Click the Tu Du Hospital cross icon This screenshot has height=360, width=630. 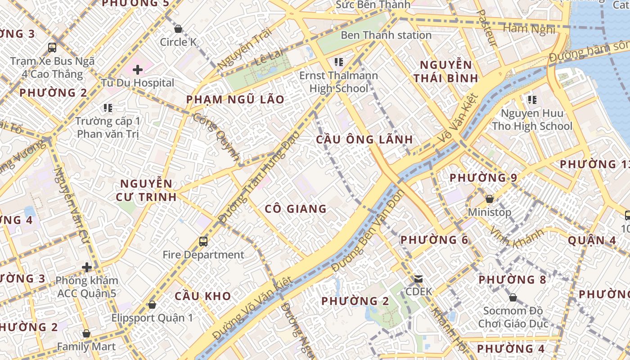point(138,70)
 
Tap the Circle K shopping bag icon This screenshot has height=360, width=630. point(178,29)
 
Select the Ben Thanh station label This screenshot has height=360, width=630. point(386,35)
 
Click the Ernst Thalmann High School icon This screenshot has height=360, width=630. point(339,62)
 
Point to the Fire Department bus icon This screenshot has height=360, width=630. point(203,242)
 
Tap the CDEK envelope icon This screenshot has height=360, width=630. point(419,279)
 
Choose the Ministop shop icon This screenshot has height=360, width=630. point(490,199)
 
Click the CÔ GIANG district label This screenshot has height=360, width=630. point(296,209)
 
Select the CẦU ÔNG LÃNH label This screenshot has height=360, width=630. point(364,139)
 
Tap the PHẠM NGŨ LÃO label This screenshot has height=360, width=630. point(235,99)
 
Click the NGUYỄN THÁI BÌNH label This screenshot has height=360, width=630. point(446,72)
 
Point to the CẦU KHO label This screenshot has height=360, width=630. point(202,296)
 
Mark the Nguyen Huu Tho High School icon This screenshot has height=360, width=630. point(532,100)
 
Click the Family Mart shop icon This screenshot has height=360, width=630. point(86,334)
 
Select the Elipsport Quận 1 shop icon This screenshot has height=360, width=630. point(152,305)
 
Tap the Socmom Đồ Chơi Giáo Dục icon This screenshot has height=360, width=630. point(513,297)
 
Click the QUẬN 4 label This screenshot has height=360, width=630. point(592,240)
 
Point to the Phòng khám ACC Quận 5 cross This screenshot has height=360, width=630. point(87,268)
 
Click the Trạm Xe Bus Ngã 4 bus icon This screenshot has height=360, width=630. point(52,47)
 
